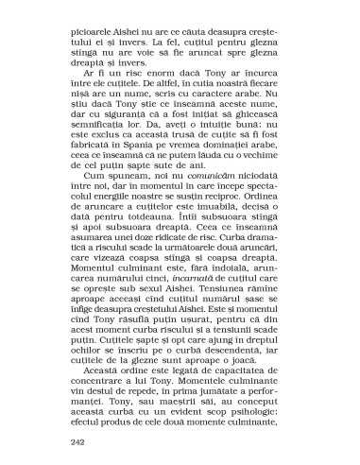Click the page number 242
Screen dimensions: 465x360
(79, 439)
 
